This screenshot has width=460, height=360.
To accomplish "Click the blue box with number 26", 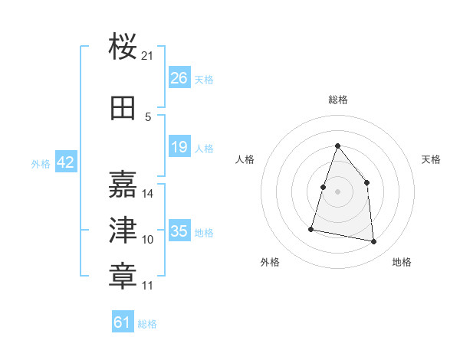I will pyautogui.click(x=179, y=78).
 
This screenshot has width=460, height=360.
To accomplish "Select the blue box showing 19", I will pyautogui.click(x=179, y=147).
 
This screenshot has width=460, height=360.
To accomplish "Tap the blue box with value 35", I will pyautogui.click(x=179, y=231).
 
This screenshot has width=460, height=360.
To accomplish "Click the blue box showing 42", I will pyautogui.click(x=65, y=162).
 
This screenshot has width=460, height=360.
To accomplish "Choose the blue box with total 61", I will pyautogui.click(x=123, y=322).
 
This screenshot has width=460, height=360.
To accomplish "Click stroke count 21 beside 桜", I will pyautogui.click(x=148, y=56).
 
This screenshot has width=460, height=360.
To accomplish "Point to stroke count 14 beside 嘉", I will pyautogui.click(x=148, y=193).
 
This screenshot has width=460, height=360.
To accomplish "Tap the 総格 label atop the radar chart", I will pyautogui.click(x=337, y=100).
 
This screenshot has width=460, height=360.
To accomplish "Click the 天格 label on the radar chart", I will pyautogui.click(x=431, y=159).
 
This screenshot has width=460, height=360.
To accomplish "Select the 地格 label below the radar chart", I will pyautogui.click(x=402, y=262).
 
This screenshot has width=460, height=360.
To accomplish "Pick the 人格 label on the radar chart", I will pyautogui.click(x=245, y=159).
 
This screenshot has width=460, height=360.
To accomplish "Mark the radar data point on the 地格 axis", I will pyautogui.click(x=373, y=242).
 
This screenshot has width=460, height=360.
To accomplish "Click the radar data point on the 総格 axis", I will pyautogui.click(x=337, y=146).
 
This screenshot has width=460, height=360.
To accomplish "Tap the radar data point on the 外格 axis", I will pyautogui.click(x=311, y=228).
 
